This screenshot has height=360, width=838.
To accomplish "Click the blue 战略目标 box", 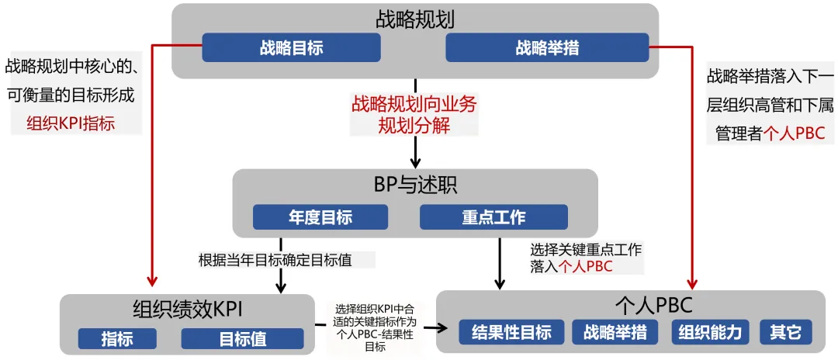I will click(x=291, y=48).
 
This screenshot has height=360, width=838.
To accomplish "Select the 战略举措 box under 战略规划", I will click(x=547, y=48).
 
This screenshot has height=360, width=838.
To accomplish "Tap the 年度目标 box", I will click(x=320, y=217).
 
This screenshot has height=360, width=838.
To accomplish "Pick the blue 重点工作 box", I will click(x=493, y=217).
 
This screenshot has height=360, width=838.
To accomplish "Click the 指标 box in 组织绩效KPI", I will click(x=117, y=339).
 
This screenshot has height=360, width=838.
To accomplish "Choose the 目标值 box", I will click(x=242, y=339).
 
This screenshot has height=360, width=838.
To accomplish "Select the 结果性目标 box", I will click(x=511, y=332).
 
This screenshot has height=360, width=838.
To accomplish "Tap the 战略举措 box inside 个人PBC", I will click(x=620, y=332).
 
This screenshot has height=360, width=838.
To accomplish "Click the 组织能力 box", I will click(x=710, y=332).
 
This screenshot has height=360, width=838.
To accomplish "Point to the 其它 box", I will click(x=785, y=332).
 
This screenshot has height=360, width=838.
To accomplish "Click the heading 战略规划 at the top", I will click(x=415, y=19).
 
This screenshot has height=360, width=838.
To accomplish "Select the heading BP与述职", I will click(x=415, y=185).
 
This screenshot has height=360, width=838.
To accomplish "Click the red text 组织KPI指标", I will click(x=71, y=123).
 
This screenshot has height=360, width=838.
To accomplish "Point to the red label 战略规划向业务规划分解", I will click(x=414, y=113).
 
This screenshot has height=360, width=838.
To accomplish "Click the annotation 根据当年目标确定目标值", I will click(x=275, y=260).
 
